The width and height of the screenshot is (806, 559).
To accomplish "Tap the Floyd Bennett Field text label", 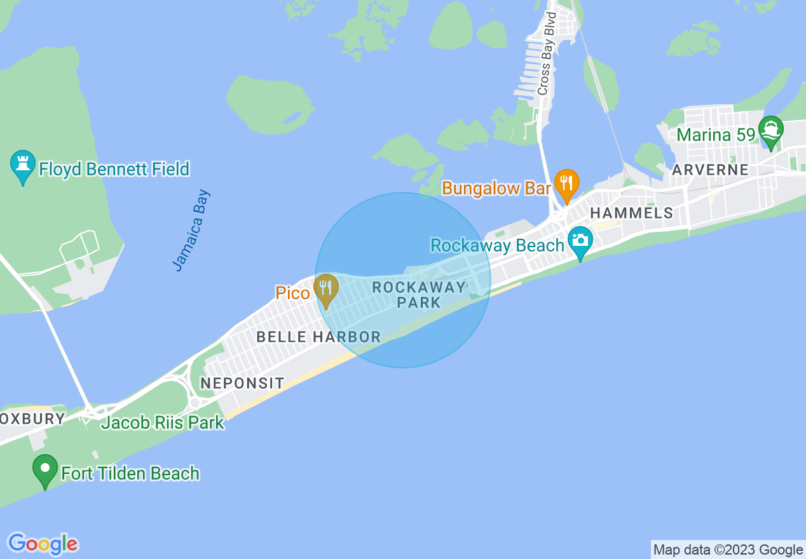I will tap(114, 169).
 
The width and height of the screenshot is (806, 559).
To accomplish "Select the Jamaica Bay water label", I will tap(191, 230).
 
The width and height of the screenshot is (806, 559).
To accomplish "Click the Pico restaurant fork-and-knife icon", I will tap(326, 289).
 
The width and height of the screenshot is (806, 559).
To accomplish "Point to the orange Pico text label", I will tap(292, 293).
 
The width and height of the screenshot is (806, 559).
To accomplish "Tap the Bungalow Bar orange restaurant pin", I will tap(566, 183).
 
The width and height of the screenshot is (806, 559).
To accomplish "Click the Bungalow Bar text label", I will tap(496, 188).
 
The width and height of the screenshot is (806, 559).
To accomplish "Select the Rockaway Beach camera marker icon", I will tap(580, 241).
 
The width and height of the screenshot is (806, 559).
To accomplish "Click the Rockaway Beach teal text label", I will tap(498, 245).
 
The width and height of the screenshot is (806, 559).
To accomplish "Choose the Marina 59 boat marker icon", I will tap(771, 131).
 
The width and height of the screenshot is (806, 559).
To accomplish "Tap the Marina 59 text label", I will tap(716, 135).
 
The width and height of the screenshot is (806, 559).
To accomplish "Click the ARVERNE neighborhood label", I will tap(710, 170).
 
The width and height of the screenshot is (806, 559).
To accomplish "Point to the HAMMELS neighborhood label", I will tap(631, 213).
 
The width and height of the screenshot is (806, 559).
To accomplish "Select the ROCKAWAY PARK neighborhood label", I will tap(419, 295).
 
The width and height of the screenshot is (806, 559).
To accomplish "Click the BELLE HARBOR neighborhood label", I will tap(318, 337).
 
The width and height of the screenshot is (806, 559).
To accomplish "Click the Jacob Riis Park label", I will tap(163, 422).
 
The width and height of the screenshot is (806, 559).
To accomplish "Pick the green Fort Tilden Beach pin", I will tap(45, 470).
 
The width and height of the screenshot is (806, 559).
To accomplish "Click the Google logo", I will tap(43, 544).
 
